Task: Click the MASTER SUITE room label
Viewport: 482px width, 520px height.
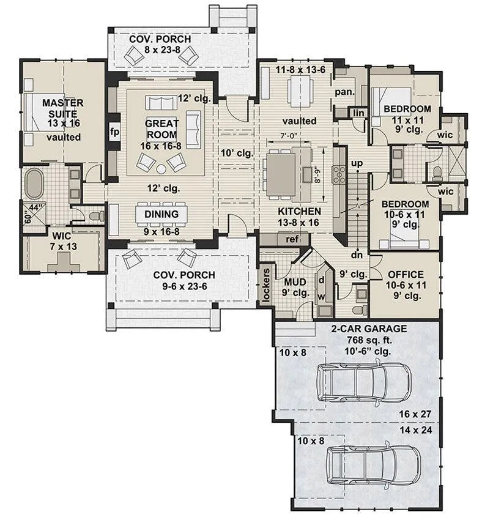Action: coord(63,108)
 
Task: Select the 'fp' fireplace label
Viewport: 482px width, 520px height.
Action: coord(114,132)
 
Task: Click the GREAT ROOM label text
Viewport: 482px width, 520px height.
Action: coord(161,129)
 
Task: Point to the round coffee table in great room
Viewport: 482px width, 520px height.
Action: coord(161,169)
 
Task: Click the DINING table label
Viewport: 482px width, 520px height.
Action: coord(161,214)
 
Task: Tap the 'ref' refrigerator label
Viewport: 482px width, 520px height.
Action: coord(292,239)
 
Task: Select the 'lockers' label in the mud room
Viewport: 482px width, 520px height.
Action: coord(266,285)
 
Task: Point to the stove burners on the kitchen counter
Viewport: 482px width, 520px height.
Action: coord(339,174)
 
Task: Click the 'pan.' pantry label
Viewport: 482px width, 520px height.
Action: coord(345,92)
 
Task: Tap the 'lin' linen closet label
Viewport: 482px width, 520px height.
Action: coord(358,113)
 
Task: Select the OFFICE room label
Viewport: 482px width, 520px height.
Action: coord(406,275)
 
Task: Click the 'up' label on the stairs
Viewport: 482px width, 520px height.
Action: coord(357,163)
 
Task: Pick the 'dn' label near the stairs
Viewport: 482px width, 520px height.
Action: coord(357,255)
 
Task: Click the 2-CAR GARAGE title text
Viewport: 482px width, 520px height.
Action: coord(369,329)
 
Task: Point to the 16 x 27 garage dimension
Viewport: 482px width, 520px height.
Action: coord(415,414)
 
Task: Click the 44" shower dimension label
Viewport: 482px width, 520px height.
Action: coord(34,208)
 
